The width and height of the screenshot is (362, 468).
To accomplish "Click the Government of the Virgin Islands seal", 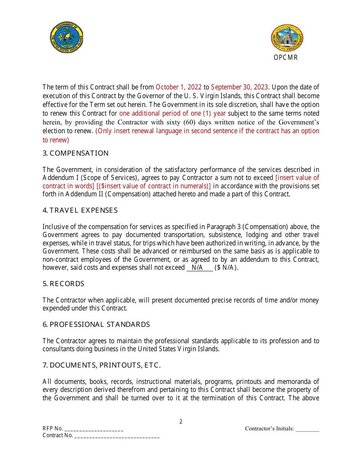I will pyautogui.click(x=67, y=37).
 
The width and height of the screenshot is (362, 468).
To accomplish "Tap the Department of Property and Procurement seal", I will pyautogui.click(x=287, y=38).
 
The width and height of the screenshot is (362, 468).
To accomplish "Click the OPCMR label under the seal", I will pyautogui.click(x=285, y=57).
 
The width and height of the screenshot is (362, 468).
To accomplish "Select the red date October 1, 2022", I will pyautogui.click(x=178, y=87).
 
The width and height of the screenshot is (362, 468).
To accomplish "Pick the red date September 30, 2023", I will pyautogui.click(x=239, y=87).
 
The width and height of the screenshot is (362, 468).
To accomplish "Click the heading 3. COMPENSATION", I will pyautogui.click(x=75, y=153).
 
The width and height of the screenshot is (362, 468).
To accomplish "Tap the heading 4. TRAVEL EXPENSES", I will pyautogui.click(x=80, y=210).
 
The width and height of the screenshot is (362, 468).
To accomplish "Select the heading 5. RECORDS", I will pyautogui.click(x=63, y=284).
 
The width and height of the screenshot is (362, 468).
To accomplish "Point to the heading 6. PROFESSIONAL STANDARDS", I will pyautogui.click(x=96, y=325).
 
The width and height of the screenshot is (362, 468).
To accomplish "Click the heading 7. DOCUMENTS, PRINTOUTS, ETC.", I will pyautogui.click(x=101, y=365).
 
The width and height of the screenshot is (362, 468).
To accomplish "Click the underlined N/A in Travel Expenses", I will pyautogui.click(x=197, y=267).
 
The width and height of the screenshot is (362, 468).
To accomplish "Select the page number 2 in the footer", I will pyautogui.click(x=181, y=422).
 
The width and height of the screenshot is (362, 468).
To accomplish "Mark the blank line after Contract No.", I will pyautogui.click(x=117, y=436).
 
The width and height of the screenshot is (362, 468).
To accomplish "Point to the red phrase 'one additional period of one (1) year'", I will pyautogui.click(x=172, y=113).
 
